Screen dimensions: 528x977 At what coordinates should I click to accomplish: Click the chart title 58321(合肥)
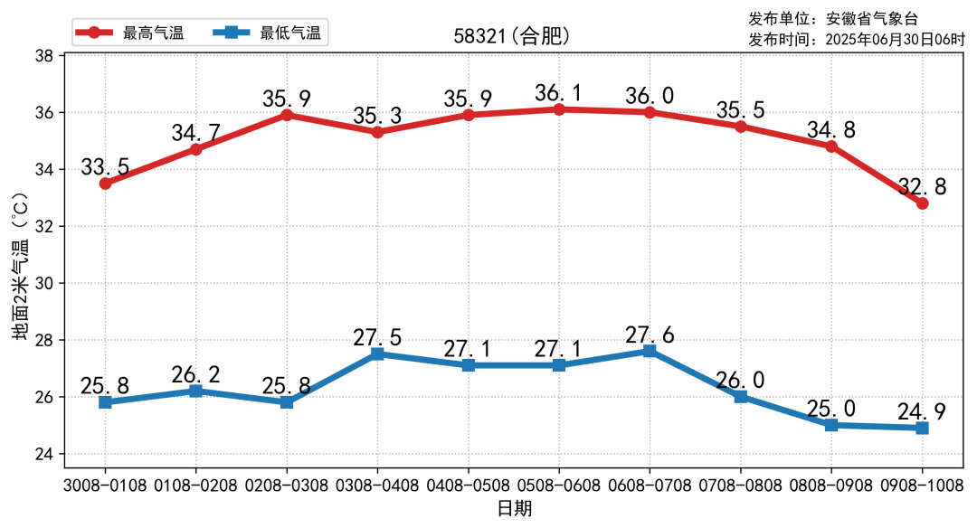click(x=512, y=36)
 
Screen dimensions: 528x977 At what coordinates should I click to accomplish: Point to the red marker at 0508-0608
click(x=559, y=109)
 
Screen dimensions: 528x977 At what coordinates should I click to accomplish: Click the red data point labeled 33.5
click(x=106, y=184)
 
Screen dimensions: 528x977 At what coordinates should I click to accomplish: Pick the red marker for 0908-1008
click(x=922, y=203)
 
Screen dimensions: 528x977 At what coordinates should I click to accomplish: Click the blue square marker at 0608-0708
click(x=650, y=351)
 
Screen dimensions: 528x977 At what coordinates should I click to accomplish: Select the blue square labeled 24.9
click(x=922, y=428)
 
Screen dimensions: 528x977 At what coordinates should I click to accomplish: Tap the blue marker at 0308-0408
click(x=377, y=354)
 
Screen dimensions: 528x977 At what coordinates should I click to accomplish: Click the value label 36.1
click(x=559, y=92)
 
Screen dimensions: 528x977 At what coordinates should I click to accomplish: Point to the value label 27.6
click(x=650, y=335)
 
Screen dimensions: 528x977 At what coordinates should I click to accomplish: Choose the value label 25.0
click(x=831, y=409)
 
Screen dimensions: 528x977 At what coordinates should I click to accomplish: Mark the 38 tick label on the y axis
click(x=43, y=56)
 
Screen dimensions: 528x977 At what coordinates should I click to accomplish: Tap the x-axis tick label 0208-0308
click(x=287, y=486)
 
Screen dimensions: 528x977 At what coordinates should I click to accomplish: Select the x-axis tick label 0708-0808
click(x=740, y=486)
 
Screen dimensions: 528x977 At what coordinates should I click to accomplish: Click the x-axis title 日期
click(x=514, y=509)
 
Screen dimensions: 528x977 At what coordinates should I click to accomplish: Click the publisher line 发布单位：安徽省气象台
click(x=838, y=18)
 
